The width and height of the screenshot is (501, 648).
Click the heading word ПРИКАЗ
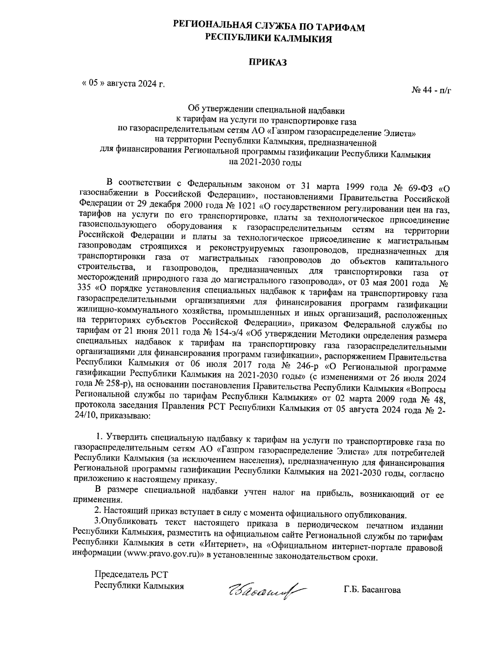tap(268, 63)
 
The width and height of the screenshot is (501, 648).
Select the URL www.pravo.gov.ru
tap(164, 556)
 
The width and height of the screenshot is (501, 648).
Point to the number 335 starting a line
tap(85, 288)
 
